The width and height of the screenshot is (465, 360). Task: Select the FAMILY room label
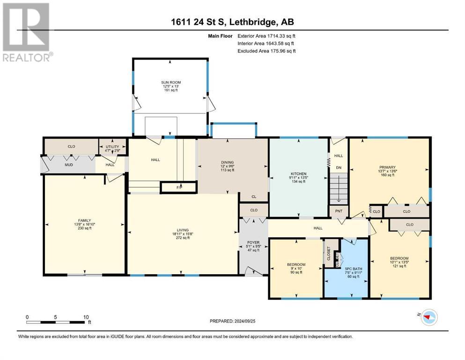click(84, 220)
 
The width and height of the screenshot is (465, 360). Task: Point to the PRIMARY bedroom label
click(388, 167)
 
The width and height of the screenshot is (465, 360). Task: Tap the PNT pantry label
click(339, 211)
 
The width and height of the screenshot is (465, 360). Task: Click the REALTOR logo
click(27, 33)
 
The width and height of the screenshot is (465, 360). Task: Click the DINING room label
click(228, 163)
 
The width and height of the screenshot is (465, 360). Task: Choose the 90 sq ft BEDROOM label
click(296, 264)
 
